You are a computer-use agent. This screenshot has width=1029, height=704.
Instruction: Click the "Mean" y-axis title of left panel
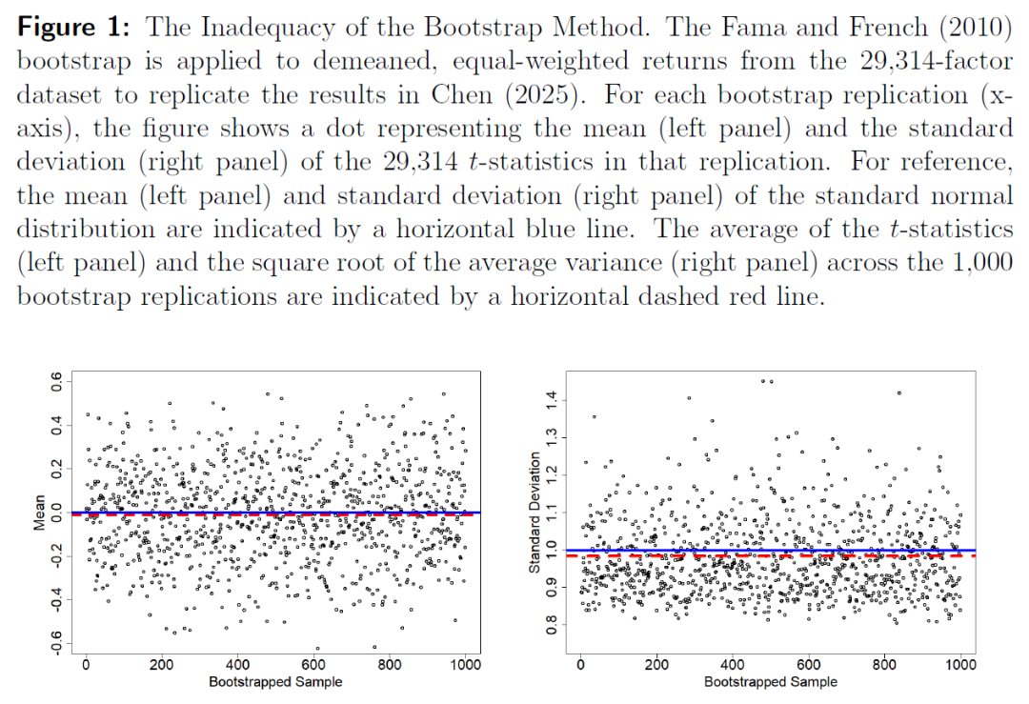(40, 515)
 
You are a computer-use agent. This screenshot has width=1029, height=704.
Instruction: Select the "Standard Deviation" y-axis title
(535, 513)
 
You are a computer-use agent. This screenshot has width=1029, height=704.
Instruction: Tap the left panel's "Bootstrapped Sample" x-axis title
(275, 682)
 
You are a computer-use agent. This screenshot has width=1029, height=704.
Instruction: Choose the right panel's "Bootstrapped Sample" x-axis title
(771, 682)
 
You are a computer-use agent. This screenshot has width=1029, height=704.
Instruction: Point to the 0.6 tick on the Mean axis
(57, 384)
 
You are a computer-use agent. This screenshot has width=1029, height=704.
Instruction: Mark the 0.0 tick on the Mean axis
(57, 515)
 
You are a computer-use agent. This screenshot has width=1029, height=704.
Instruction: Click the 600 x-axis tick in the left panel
(313, 666)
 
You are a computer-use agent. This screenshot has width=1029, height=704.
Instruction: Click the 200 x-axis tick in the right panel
(656, 666)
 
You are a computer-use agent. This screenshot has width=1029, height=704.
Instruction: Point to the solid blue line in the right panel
(667, 550)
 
